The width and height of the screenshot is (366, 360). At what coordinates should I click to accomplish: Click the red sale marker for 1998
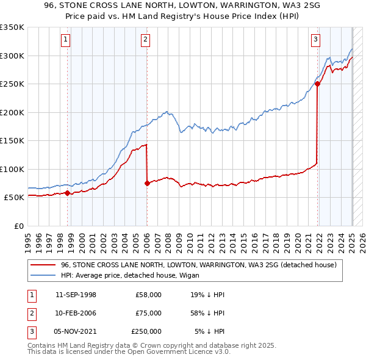coord(67,193)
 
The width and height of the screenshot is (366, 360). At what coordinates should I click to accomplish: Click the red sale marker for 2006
coord(147,183)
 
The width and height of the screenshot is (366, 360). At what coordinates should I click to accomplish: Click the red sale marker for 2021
coord(318,84)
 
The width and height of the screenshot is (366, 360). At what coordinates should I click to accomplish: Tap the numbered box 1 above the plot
coord(65,40)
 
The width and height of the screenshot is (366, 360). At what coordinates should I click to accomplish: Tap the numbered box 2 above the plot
coord(146,40)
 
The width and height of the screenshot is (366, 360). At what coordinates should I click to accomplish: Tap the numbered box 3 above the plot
coord(316,40)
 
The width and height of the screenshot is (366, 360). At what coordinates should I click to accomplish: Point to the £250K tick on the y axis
coord(12,84)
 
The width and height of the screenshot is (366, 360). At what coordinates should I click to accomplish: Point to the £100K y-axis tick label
coord(12,169)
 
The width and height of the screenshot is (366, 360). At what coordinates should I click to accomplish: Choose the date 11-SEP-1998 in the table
coord(76,295)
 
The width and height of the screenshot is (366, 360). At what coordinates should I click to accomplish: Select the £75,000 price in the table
coord(148,313)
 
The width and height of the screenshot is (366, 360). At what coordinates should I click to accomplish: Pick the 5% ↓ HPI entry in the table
coord(210,331)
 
